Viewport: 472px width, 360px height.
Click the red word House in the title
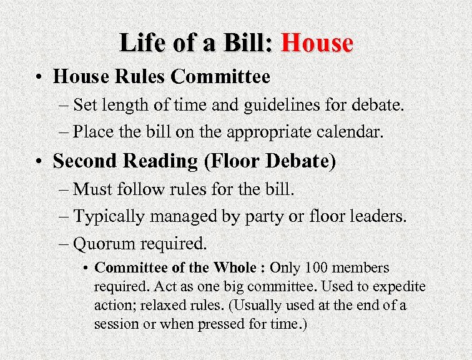pyautogui.click(x=317, y=43)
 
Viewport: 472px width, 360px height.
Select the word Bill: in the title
pyautogui.click(x=248, y=43)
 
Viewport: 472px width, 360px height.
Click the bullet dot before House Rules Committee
pyautogui.click(x=39, y=78)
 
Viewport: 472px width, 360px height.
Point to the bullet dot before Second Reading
pyautogui.click(x=39, y=162)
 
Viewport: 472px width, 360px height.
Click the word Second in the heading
pyautogui.click(x=84, y=161)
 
